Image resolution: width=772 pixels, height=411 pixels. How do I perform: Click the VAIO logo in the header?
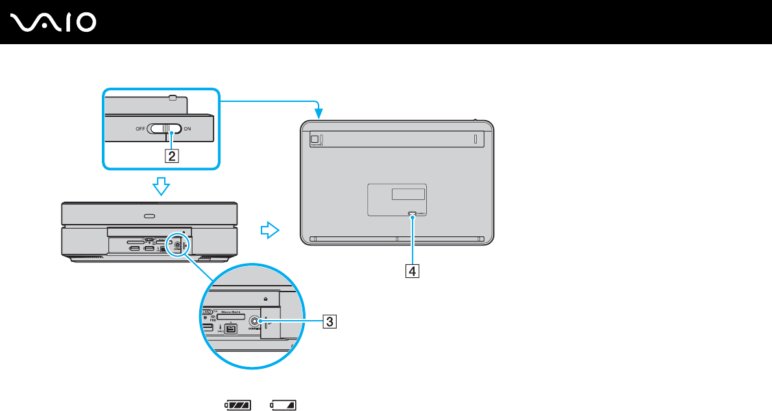click(54, 23)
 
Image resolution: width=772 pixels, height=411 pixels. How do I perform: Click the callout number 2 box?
click(171, 155)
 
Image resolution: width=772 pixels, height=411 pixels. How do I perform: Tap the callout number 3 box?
click(330, 320)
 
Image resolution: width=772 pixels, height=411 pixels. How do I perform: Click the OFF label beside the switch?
click(140, 129)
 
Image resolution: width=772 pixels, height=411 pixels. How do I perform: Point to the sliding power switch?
click(168, 129)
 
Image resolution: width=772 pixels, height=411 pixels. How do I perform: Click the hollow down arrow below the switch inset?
click(160, 187)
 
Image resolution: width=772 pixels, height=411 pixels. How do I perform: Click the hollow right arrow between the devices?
click(269, 229)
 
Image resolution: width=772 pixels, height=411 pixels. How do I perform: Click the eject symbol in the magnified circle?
click(266, 299)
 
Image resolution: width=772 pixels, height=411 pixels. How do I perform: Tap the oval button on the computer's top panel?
click(150, 216)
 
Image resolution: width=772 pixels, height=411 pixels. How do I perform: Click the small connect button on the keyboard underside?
click(413, 213)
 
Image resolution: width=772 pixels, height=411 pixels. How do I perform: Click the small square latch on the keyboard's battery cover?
click(314, 138)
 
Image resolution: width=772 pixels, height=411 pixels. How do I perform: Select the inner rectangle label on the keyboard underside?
click(408, 193)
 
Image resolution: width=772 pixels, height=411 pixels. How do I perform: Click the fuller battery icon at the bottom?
click(237, 405)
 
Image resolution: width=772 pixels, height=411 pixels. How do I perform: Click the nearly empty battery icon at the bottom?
click(284, 405)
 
